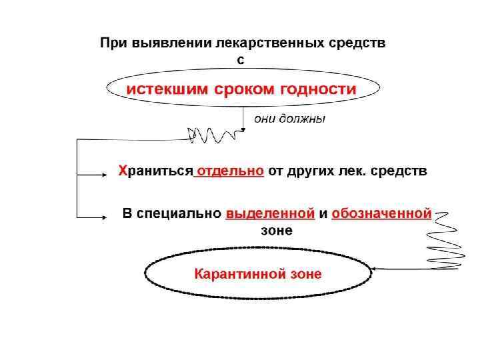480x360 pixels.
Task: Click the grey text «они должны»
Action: coord(288,119)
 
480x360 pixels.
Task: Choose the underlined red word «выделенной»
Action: coord(270,214)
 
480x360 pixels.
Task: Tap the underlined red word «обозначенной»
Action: coord(381,214)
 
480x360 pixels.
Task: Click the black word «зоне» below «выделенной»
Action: coord(275,230)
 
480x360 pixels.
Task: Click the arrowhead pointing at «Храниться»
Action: coord(103,175)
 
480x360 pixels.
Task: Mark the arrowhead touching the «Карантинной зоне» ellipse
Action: coord(375,269)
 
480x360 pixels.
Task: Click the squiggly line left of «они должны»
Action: coord(211,134)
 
